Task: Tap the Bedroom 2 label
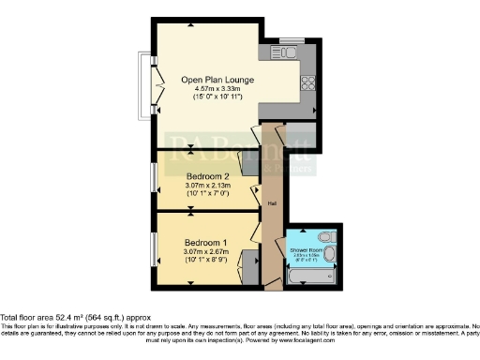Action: coord(207,176)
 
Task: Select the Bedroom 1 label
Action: coord(207,241)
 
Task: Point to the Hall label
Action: coord(272,202)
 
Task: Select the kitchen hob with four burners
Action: coord(308,82)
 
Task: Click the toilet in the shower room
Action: coord(322,236)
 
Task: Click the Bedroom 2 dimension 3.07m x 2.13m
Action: coord(207,186)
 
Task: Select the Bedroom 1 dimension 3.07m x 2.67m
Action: coord(207,250)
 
